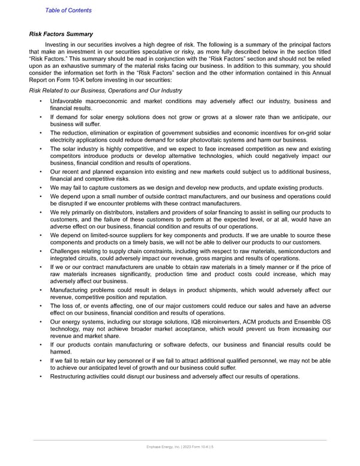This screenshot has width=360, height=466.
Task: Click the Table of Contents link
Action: click(68, 10)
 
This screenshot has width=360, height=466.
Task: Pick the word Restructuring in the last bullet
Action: click(70, 377)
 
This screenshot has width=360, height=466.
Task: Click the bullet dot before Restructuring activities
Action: click(40, 377)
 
